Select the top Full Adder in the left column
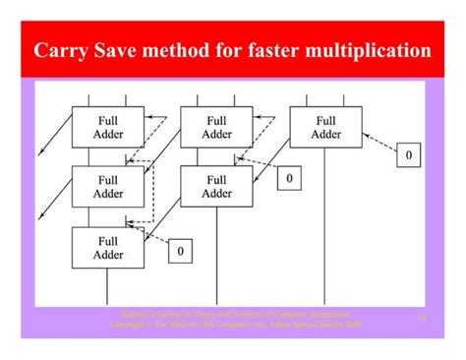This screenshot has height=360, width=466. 107,126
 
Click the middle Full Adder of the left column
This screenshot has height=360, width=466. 107,187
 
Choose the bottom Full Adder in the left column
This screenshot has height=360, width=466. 107,247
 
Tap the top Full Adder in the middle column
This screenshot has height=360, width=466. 217,126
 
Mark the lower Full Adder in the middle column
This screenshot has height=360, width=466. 217,187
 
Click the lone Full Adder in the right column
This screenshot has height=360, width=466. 325,126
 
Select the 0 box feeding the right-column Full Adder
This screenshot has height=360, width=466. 408,155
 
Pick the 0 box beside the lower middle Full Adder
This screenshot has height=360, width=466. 288,178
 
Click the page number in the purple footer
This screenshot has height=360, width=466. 422,318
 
